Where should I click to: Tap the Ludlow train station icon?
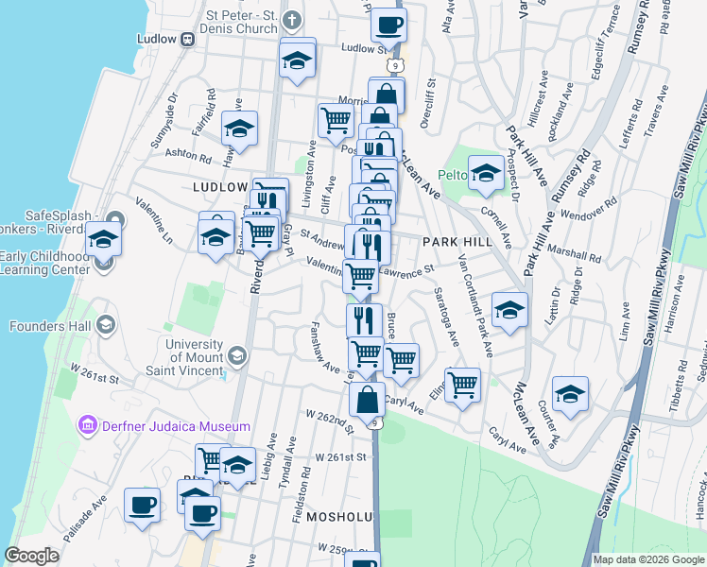[x=187, y=39]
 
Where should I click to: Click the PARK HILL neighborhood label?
[x=457, y=243]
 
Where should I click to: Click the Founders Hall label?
[x=50, y=326]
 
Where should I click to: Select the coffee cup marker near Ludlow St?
[x=388, y=25]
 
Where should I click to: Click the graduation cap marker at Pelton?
[x=486, y=171]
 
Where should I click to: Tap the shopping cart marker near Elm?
[x=462, y=383]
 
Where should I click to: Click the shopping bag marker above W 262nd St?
[x=367, y=399]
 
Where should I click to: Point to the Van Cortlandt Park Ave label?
[x=474, y=307]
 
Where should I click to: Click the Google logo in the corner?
[x=31, y=556]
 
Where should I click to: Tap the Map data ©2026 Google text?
[x=648, y=559]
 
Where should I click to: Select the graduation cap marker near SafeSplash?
[x=103, y=238]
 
